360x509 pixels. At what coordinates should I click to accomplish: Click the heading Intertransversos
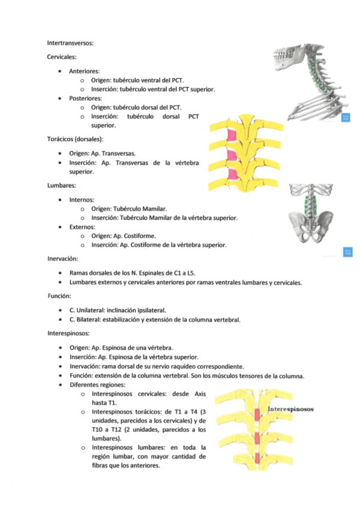70,43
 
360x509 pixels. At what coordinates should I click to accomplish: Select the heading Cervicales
62,56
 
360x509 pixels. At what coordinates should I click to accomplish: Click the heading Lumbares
61,185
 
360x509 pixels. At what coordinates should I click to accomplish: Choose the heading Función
59,296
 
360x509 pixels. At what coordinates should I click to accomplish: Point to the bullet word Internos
82,199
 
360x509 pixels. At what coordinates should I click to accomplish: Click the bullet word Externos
82,227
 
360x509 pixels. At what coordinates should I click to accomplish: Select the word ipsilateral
148,310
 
